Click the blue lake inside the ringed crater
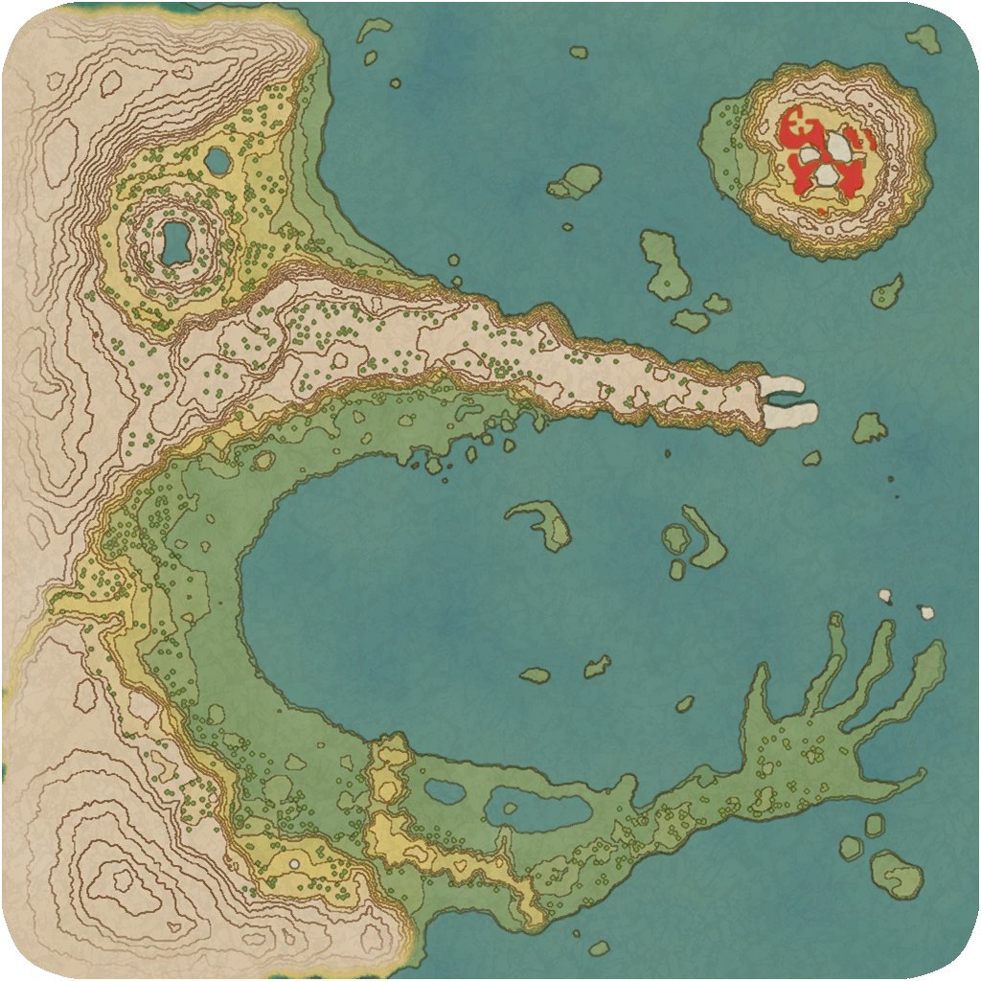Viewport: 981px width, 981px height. point(174,242)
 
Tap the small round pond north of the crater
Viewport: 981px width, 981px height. point(218,161)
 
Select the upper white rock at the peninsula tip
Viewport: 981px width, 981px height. point(783,385)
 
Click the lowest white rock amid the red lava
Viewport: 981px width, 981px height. point(825,174)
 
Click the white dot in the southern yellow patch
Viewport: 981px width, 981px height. point(294,864)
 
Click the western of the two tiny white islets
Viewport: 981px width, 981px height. point(885,596)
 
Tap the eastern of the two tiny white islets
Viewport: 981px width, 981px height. point(926,610)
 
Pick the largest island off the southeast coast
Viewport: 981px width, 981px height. point(898,874)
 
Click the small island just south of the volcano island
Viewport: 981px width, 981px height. point(887,291)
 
